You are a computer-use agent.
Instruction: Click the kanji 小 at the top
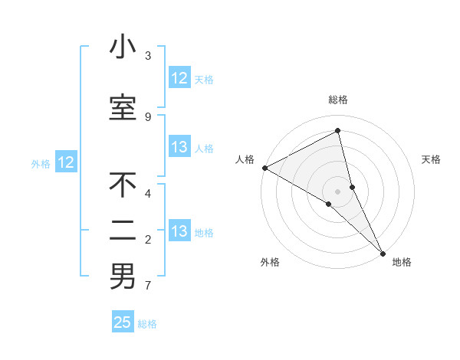[123, 47]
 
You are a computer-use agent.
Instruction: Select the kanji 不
[123, 185]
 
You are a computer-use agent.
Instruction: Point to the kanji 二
[123, 231]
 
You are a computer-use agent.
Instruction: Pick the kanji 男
[123, 277]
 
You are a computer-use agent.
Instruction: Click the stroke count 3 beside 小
[148, 56]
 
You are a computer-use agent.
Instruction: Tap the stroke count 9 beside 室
[148, 116]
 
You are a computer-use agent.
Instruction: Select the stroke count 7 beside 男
[148, 286]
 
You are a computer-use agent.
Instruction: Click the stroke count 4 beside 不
[148, 193]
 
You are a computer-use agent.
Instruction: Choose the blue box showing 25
[123, 322]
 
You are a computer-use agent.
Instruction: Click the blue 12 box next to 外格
[66, 162]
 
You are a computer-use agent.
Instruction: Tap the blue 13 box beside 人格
[179, 148]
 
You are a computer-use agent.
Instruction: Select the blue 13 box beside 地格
[179, 232]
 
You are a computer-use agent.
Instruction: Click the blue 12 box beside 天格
[179, 78]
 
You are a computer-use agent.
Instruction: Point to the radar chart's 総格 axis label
[338, 100]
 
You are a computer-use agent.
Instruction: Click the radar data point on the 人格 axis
[264, 168]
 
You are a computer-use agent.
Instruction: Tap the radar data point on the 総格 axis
[338, 130]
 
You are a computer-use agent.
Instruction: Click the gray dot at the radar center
[338, 191]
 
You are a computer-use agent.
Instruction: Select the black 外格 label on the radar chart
[270, 263]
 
